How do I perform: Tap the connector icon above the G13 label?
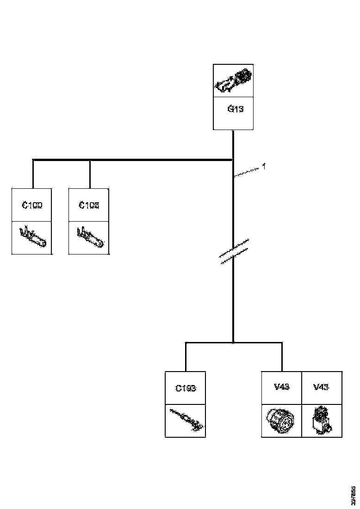[x=233, y=81]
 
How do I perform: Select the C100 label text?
[x=32, y=205]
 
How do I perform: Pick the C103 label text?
[x=89, y=205]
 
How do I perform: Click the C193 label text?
[x=186, y=388]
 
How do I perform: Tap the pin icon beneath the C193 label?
[x=186, y=421]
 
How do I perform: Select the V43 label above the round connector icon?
[x=282, y=387]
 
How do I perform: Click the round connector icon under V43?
[x=281, y=420]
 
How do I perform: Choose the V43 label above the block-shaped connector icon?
[x=321, y=387]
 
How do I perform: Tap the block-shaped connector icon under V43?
[x=322, y=420]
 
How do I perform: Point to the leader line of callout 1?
[x=247, y=172]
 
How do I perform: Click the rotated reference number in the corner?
[x=354, y=495]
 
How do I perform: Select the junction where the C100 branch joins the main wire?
[x=233, y=160]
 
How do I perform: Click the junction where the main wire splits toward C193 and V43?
[x=233, y=342]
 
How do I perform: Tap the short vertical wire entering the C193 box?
[x=186, y=357]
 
